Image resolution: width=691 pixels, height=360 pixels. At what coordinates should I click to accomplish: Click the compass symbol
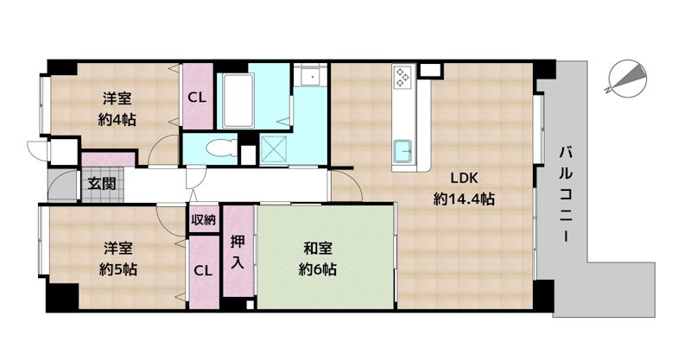coord(627,79)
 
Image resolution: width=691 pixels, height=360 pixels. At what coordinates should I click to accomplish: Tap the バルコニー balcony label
coord(567,194)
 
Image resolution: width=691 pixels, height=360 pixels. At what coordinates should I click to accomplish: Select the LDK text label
coord(464,179)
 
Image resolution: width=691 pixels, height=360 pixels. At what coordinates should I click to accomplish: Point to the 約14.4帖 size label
coord(464,199)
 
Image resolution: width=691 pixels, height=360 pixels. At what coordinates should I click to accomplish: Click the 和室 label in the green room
coord(317,249)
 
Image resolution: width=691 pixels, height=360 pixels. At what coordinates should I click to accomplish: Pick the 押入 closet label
coord(238,252)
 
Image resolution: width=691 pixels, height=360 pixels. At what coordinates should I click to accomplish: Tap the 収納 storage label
coord(204,219)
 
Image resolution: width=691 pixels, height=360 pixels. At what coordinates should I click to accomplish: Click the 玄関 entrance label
coord(102,183)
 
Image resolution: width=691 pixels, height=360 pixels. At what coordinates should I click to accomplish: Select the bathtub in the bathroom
coord(238,100)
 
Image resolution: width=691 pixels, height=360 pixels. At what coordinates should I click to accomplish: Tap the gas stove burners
coord(403,76)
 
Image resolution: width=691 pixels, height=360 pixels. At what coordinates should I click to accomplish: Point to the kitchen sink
coord(403,150)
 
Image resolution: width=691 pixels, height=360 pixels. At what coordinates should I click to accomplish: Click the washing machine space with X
coord(274,148)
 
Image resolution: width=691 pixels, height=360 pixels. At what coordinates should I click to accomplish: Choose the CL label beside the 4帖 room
coord(197,98)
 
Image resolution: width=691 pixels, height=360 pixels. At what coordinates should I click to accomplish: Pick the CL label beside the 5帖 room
coord(204,270)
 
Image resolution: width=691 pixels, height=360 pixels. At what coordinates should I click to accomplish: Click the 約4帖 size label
coord(117,119)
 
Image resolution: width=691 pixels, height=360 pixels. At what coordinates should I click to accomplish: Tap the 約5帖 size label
coord(117,268)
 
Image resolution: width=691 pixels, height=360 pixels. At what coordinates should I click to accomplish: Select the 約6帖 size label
coord(317,268)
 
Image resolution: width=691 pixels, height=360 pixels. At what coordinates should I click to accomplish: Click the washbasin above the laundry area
coord(310,76)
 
